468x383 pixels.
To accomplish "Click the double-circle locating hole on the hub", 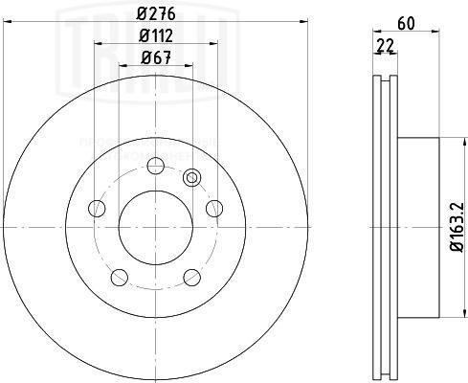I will [192, 176].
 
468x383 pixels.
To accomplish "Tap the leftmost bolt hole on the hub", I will [94, 208].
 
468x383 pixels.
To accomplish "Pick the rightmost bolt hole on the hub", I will [214, 208].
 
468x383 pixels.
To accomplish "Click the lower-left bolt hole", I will [118, 278].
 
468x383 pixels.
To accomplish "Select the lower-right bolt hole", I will [190, 278].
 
